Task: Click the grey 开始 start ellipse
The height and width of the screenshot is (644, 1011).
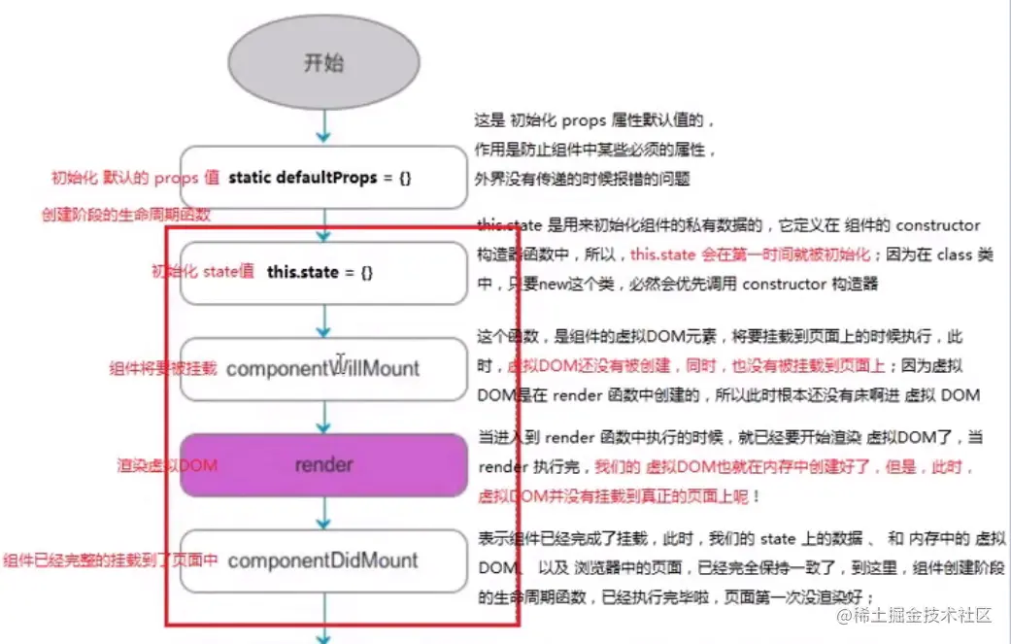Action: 323,64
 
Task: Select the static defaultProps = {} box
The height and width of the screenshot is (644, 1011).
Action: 323,178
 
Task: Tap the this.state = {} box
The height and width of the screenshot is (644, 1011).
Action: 323,273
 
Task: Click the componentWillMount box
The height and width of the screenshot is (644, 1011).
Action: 323,369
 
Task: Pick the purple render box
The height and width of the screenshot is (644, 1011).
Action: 323,464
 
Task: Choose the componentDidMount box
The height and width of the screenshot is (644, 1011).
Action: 323,560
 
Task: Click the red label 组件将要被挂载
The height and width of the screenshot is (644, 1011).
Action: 162,369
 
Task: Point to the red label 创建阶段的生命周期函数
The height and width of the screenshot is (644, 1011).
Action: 126,214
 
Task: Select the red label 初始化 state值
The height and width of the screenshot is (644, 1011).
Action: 202,273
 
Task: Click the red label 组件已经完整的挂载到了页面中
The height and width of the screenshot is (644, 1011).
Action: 110,560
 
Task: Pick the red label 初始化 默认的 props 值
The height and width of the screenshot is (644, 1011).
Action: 135,178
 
